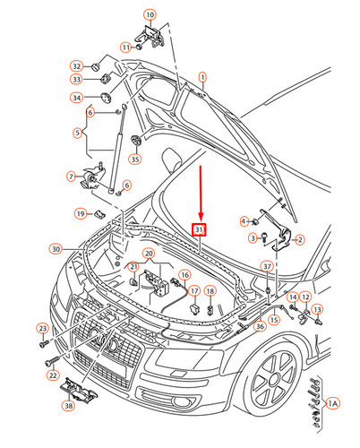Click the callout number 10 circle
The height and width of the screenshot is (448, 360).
149,15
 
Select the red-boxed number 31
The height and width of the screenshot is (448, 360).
200,230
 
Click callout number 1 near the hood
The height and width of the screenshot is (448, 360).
202,78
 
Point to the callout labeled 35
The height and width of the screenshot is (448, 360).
135,159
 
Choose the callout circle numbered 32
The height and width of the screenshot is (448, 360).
78,66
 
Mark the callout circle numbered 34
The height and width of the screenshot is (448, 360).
78,97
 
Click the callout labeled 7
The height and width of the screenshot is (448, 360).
73,177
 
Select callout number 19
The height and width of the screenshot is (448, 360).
80,213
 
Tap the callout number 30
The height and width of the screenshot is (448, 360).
56,248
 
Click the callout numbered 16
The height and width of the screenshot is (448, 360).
185,275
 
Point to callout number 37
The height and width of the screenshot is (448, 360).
266,267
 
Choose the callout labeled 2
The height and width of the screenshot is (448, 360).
300,239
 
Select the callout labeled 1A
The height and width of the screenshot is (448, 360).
333,403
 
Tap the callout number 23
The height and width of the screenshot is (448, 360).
42,328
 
